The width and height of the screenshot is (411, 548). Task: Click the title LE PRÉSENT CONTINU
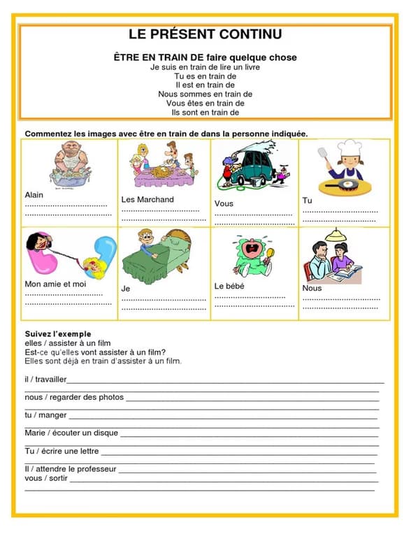(205, 34)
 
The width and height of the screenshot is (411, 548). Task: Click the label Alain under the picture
(34, 194)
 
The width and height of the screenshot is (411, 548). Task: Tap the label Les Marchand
(147, 199)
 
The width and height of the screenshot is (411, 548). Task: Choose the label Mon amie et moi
(55, 284)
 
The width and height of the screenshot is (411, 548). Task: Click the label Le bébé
(229, 286)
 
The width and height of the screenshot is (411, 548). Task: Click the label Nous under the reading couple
(312, 288)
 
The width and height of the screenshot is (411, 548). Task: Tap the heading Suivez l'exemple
(58, 334)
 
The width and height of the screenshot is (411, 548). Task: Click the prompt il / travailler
(45, 380)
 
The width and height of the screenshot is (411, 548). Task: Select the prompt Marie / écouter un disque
(71, 433)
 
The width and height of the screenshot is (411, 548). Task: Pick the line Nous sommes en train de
(205, 94)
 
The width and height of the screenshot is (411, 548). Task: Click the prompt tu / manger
(45, 415)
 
